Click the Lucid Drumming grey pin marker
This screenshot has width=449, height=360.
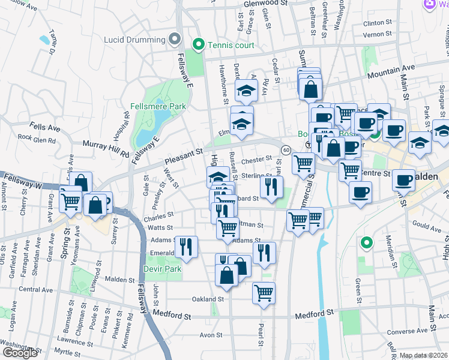point(175,40)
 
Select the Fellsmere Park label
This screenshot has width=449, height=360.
point(158,106)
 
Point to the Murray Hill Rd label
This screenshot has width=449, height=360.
point(106,150)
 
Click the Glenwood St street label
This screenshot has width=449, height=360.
point(267,4)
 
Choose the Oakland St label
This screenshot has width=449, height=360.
point(208,298)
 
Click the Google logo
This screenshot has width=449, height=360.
point(20,353)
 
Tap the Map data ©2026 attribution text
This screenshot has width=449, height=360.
point(423,355)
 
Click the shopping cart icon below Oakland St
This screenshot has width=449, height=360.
point(264,293)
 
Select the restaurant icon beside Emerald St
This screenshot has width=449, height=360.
point(187,246)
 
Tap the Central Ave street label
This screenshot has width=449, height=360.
point(35,289)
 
